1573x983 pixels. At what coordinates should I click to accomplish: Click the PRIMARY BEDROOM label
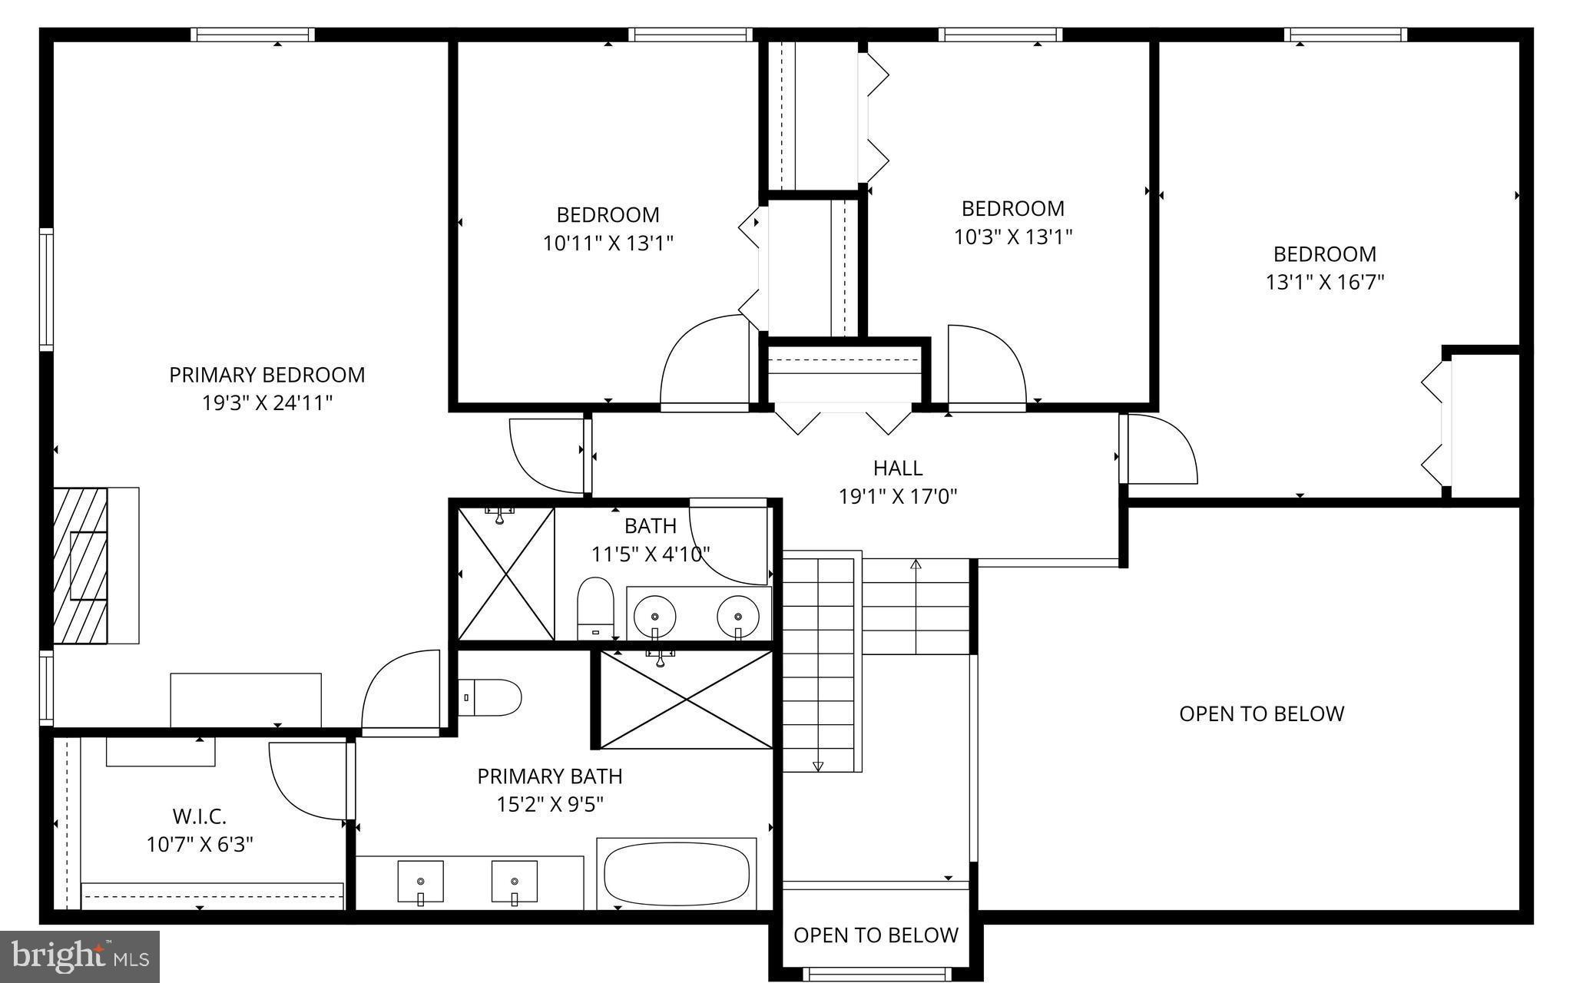(267, 375)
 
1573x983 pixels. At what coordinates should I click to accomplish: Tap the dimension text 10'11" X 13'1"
(608, 243)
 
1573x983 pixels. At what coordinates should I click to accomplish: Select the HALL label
(897, 468)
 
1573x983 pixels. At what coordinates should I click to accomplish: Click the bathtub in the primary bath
(677, 875)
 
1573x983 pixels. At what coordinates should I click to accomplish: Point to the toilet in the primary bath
(490, 697)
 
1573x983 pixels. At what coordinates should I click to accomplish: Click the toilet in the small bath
(595, 608)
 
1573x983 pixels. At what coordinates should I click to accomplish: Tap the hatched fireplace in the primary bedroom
(81, 564)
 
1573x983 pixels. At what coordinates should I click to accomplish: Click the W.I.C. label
(199, 816)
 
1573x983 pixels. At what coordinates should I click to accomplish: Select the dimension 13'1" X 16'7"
(1324, 282)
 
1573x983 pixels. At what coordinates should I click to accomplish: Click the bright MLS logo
(80, 956)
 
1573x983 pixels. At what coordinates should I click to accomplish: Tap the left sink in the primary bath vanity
(420, 882)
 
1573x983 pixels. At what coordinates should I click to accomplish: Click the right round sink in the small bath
(738, 615)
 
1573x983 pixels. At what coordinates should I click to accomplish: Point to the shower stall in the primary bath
(686, 700)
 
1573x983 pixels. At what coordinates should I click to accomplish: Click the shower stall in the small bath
(506, 574)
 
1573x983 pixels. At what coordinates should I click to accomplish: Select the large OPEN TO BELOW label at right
(1261, 713)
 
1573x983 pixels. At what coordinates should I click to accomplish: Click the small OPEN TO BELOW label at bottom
(876, 935)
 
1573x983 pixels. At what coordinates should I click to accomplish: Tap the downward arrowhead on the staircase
(818, 766)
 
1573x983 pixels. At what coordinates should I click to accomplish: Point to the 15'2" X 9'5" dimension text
(550, 804)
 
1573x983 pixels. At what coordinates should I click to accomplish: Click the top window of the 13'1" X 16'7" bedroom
(1345, 35)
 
